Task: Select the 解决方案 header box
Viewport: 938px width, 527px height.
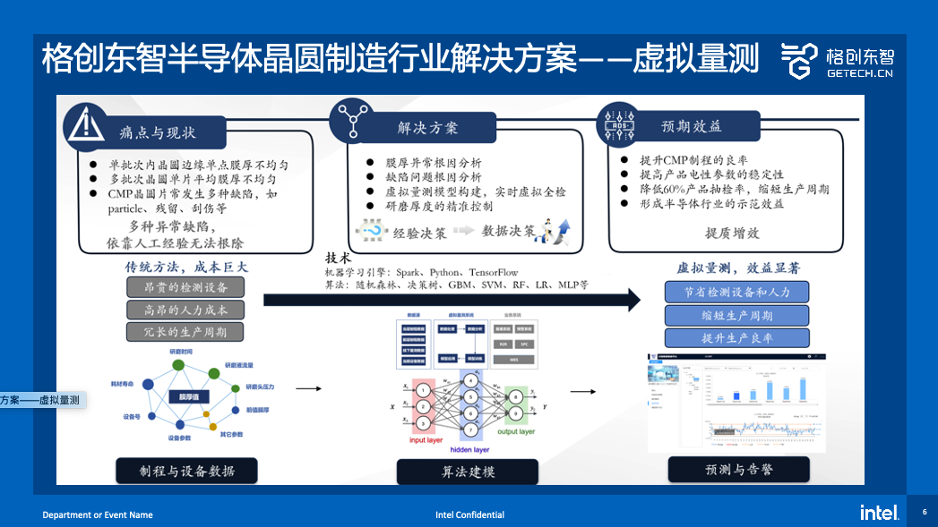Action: click(427, 128)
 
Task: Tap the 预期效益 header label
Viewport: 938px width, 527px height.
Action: click(691, 127)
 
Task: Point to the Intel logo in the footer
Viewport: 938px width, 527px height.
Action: click(879, 513)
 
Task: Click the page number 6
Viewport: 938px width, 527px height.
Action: click(925, 513)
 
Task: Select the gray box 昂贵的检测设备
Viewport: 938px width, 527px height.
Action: click(185, 287)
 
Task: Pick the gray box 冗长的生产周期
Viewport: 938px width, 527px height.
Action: click(185, 332)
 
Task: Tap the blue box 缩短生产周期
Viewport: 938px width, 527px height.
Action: click(736, 315)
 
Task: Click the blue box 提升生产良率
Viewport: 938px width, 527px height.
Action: click(736, 338)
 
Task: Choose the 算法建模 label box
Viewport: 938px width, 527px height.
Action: click(468, 472)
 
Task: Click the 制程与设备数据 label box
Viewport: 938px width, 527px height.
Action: click(186, 471)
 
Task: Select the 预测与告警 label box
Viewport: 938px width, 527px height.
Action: click(738, 470)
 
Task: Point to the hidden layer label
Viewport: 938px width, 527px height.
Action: click(469, 450)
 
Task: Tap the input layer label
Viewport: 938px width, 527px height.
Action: click(426, 440)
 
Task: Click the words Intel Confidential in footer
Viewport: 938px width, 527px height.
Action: click(469, 515)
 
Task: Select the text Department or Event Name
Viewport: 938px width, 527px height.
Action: click(98, 515)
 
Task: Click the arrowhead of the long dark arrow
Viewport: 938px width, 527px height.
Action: click(633, 300)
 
